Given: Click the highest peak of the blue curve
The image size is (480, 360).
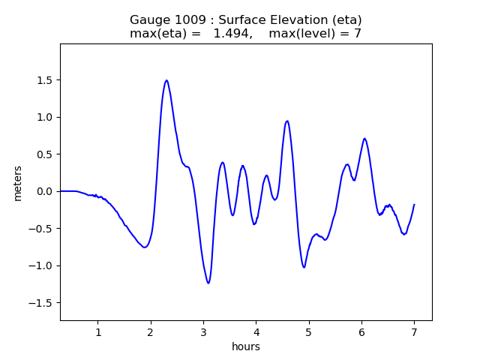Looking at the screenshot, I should tap(166, 80).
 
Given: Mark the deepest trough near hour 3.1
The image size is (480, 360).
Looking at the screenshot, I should tap(208, 283).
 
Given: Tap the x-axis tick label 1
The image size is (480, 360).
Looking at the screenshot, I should tap(98, 332).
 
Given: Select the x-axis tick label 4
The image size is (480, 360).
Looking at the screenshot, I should tap(256, 332).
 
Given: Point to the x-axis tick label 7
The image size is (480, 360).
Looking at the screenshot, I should tap(414, 332).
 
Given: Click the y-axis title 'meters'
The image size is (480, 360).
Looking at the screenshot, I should tap(18, 183).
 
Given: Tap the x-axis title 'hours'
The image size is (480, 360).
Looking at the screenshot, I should tap(246, 346).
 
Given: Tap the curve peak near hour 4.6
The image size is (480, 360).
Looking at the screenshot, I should tap(287, 121).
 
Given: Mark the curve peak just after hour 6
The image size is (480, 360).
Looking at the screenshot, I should tap(364, 139).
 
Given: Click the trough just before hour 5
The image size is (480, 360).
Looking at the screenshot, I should tap(304, 267).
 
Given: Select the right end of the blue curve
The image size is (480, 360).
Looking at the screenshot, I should tap(414, 205).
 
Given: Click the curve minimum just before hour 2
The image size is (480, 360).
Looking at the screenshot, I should tap(145, 247).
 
